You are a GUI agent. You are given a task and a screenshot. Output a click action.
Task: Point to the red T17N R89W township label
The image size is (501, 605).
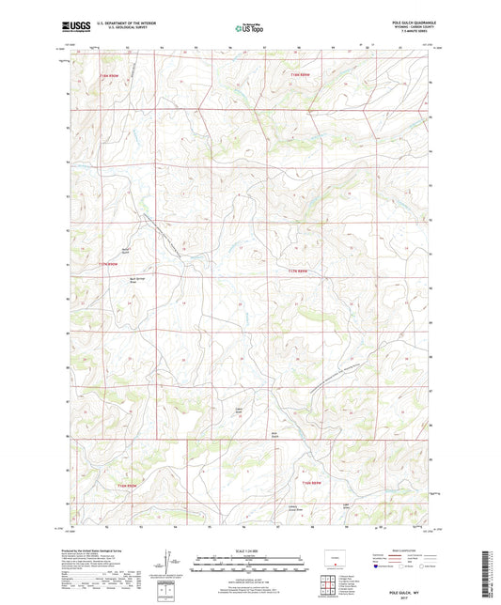(298, 271)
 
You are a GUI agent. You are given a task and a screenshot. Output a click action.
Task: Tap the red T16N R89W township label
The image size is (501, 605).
(312, 482)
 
